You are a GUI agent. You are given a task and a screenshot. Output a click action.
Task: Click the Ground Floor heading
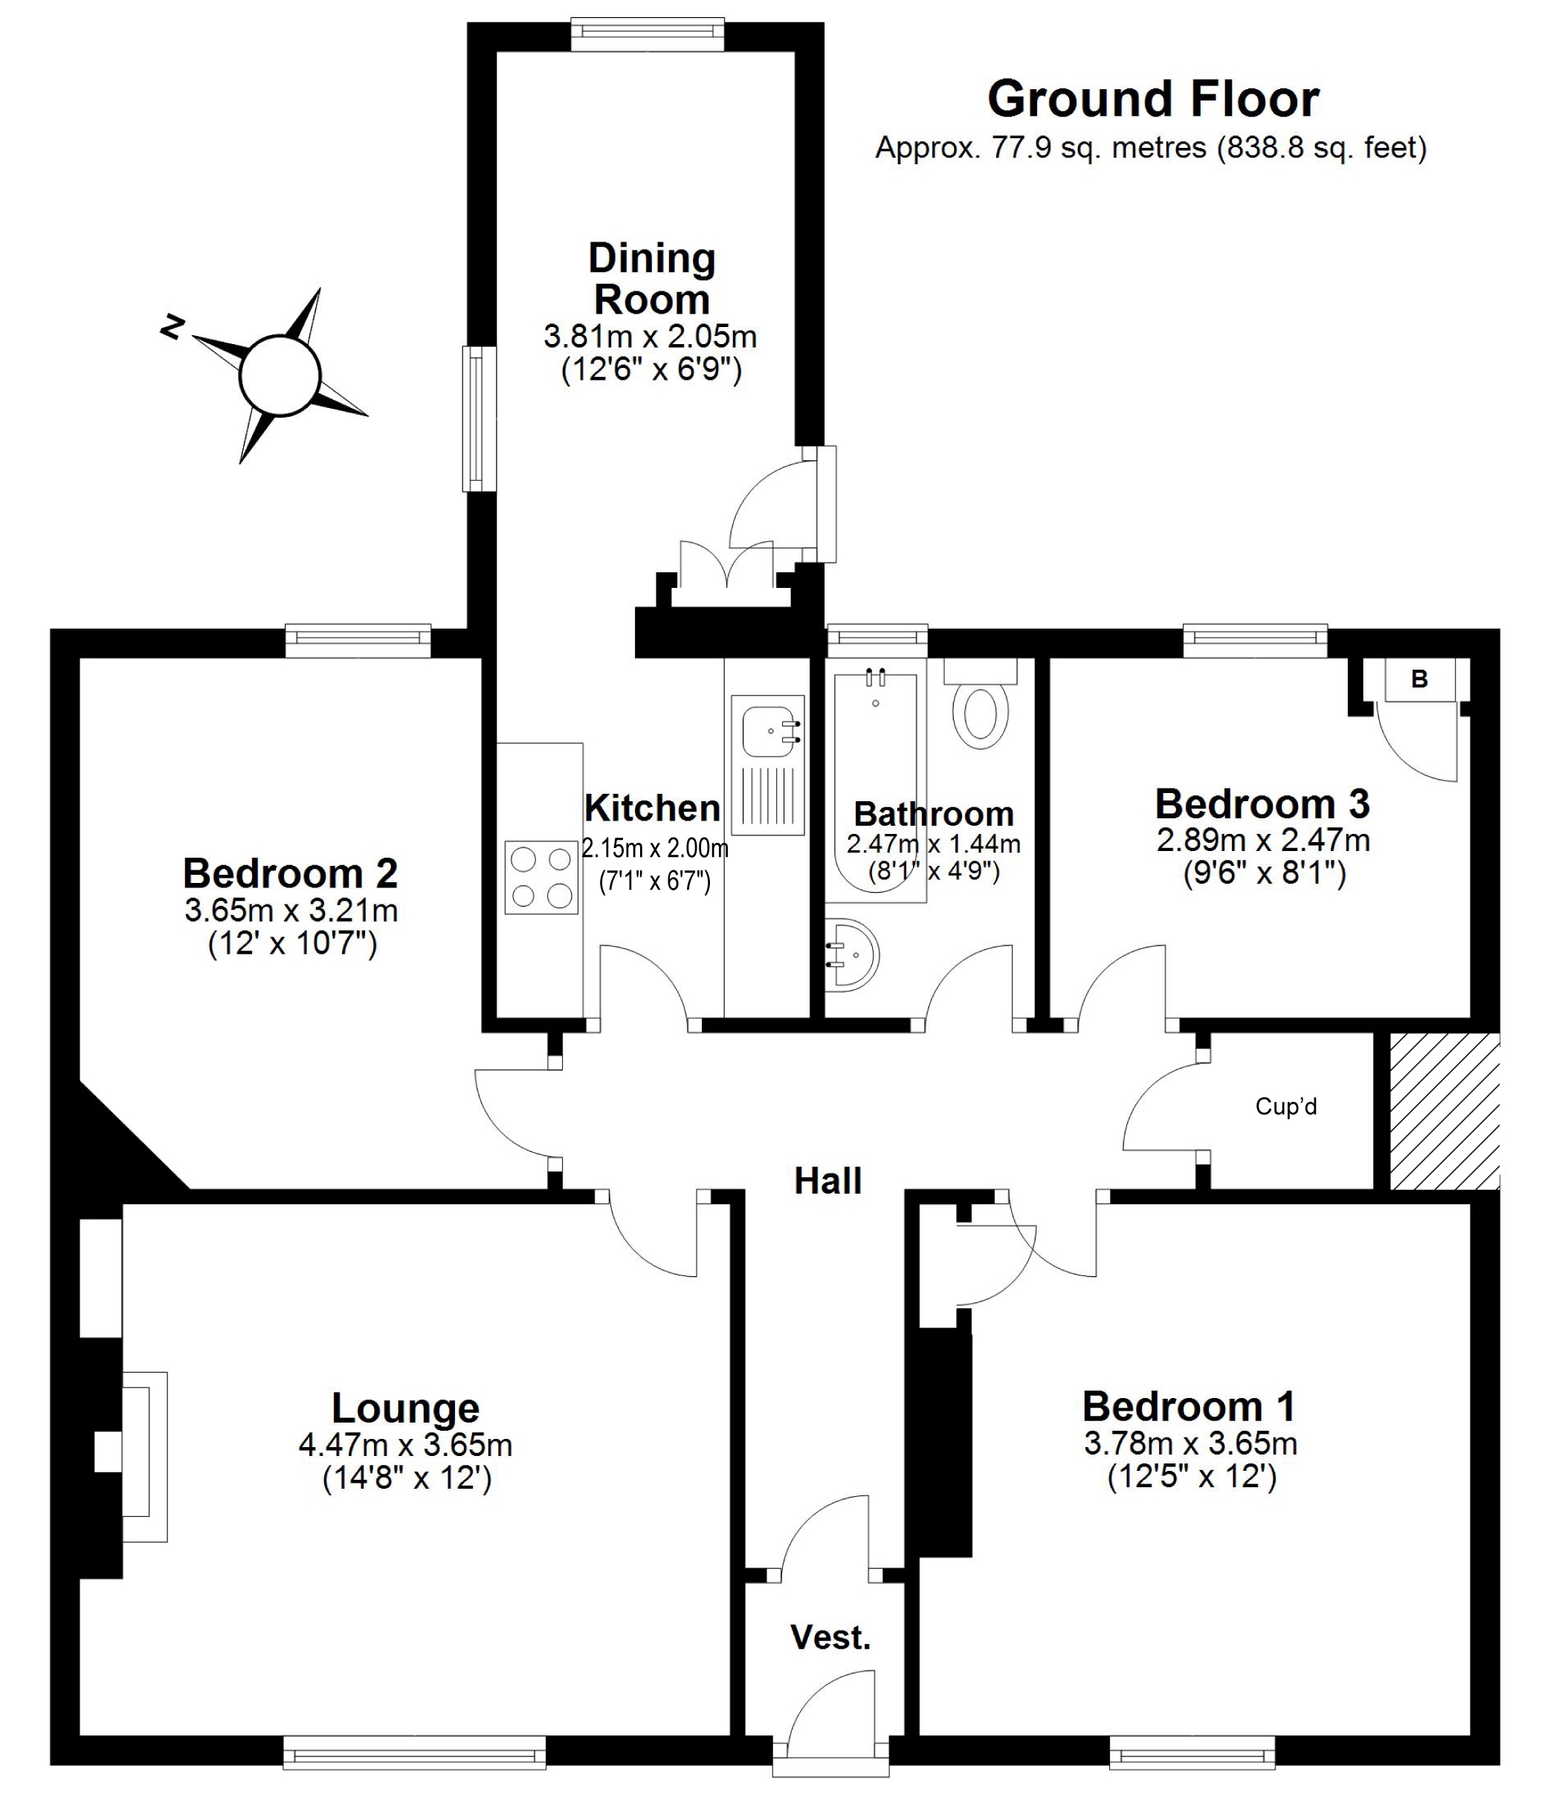[1152, 100]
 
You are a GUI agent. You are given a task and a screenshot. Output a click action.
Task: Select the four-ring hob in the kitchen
[541, 876]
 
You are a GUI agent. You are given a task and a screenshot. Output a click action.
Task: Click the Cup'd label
[1285, 1107]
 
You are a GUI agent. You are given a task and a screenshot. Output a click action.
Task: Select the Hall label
[828, 1181]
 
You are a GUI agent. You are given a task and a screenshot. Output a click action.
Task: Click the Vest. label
[830, 1637]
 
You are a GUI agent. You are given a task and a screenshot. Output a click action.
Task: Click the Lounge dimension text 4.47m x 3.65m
[406, 1444]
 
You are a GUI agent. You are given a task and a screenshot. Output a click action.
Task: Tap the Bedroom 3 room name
[1262, 803]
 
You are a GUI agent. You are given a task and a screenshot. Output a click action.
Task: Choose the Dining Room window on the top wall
[648, 35]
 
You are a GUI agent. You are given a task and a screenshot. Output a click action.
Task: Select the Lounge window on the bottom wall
[415, 1753]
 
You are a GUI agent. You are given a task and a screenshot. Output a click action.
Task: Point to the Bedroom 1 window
[1192, 1753]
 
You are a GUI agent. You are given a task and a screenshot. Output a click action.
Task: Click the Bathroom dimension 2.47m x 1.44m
[933, 844]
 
